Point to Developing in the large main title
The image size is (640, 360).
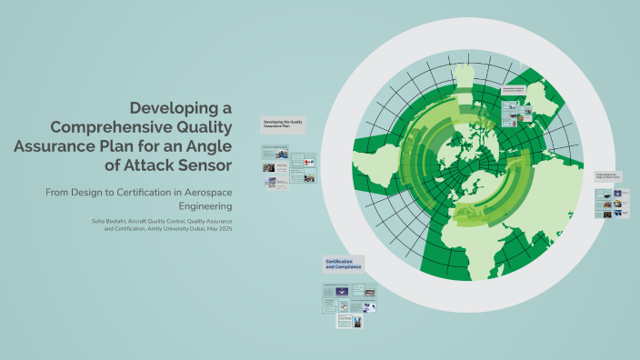(172, 107)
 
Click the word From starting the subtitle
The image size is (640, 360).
(61, 193)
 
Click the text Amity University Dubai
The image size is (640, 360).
(174, 230)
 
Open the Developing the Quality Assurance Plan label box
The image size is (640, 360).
(283, 125)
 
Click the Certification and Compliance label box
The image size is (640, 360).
(343, 265)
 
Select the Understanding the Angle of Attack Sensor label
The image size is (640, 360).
(608, 175)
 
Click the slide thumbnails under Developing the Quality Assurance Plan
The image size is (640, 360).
(287, 167)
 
